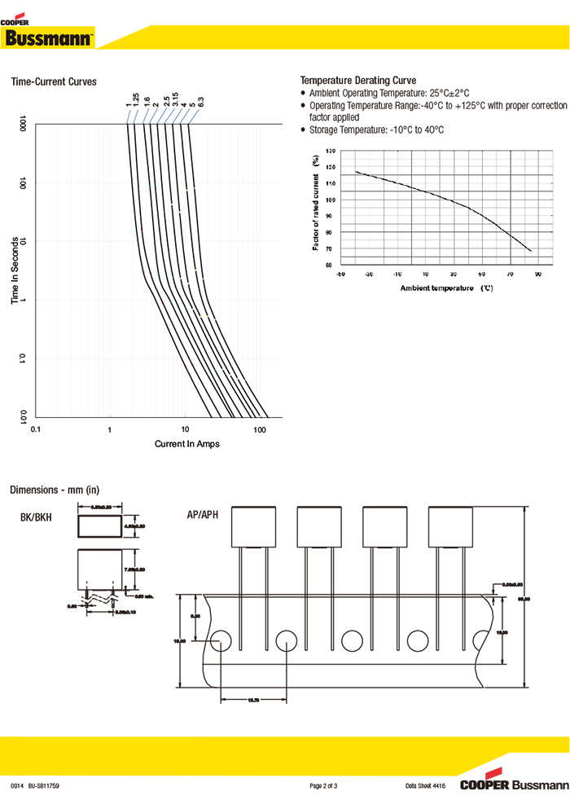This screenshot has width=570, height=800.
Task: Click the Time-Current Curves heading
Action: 53,81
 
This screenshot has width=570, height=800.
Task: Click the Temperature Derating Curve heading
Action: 358,81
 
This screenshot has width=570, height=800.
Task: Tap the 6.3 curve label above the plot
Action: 199,103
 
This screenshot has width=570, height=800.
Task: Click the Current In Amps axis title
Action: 186,444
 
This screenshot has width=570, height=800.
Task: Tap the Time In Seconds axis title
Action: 15,270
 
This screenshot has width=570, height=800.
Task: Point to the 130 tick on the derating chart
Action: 330,152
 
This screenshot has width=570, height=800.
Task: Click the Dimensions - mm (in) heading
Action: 54,490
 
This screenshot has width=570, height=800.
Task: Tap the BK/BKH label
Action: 36,517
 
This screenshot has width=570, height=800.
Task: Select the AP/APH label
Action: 203,515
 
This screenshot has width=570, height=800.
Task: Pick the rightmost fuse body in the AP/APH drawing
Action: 450,526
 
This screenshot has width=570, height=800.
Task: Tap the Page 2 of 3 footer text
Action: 323,785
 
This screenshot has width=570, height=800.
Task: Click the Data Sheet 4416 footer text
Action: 426,785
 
